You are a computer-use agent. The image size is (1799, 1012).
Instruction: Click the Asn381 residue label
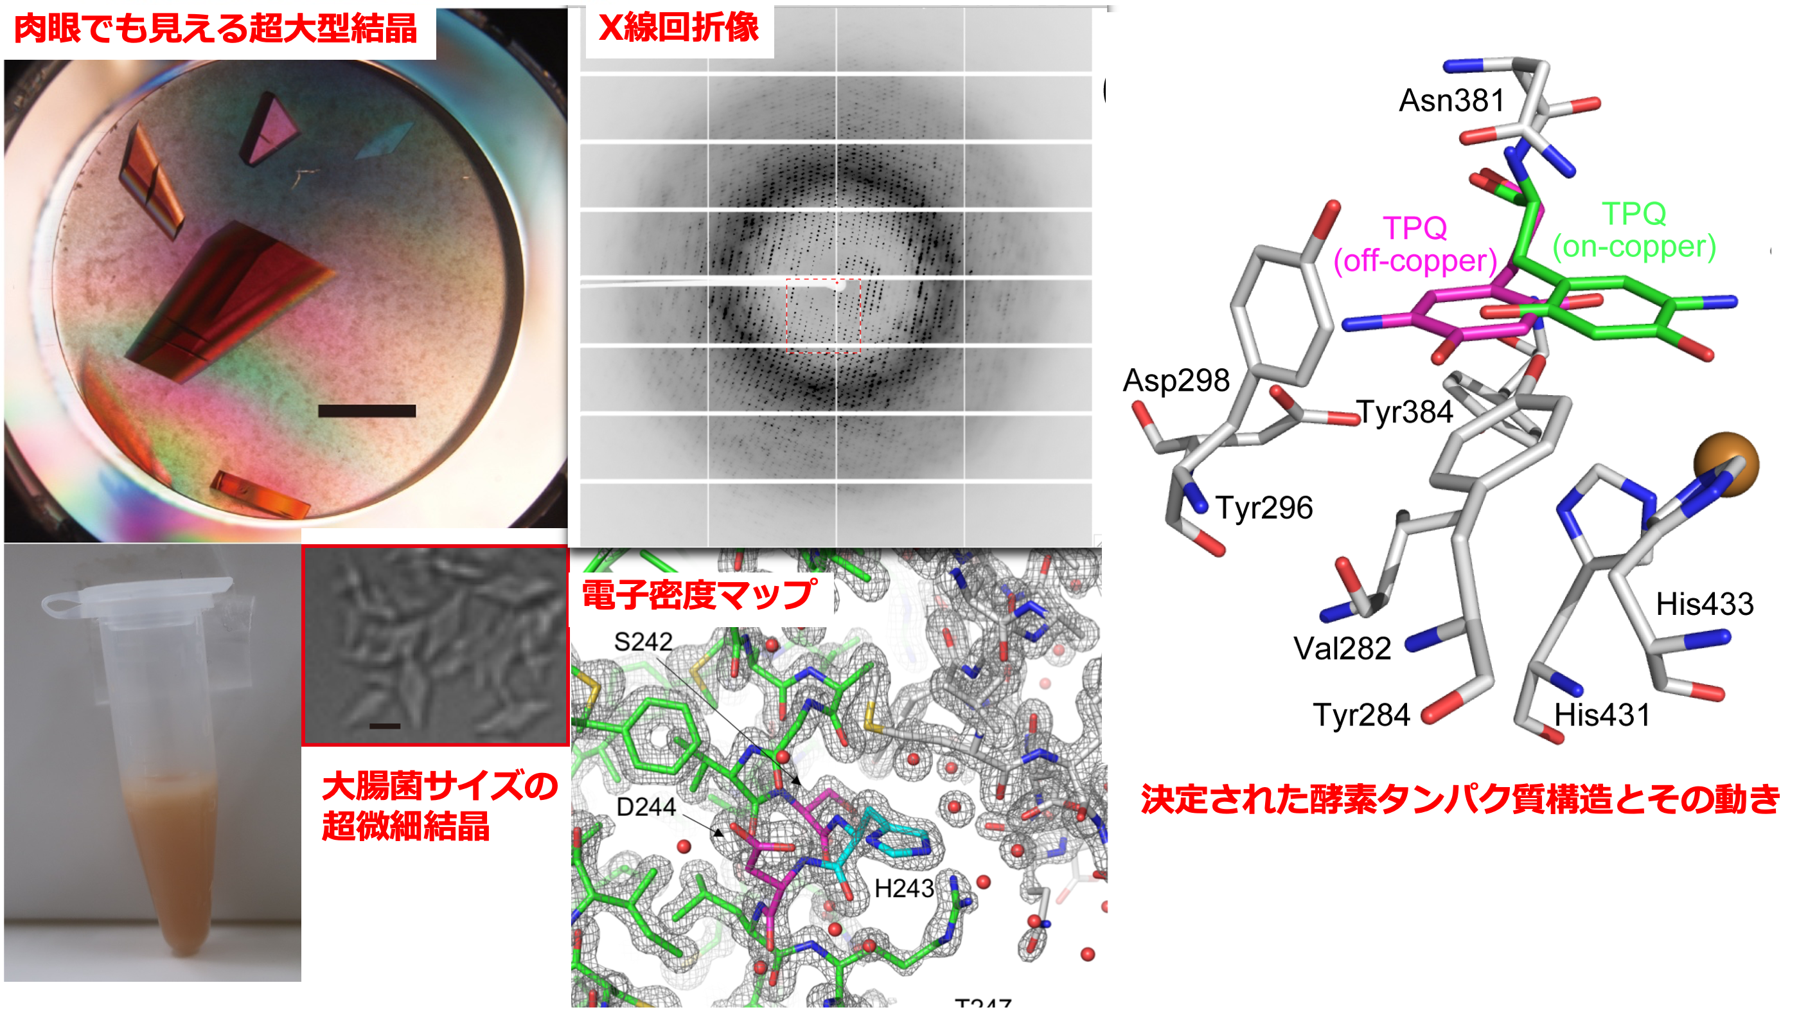click(x=1451, y=101)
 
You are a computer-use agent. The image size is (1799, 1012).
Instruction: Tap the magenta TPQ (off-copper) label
click(x=1415, y=244)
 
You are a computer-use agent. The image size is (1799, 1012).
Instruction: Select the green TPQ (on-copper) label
click(x=1634, y=231)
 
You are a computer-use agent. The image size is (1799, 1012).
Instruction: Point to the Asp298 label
click(x=1176, y=380)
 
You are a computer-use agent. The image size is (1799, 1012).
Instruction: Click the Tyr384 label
click(x=1405, y=412)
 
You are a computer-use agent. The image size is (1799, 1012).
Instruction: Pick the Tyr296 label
click(x=1264, y=508)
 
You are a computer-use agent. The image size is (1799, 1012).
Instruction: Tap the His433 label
click(x=1705, y=604)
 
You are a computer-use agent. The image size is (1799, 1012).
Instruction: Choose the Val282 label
click(x=1342, y=649)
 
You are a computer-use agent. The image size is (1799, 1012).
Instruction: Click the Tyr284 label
click(x=1362, y=715)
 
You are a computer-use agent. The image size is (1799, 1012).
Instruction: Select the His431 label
click(x=1602, y=715)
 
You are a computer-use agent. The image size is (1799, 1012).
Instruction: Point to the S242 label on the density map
click(x=642, y=642)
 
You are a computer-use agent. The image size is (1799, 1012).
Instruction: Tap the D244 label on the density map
click(x=645, y=808)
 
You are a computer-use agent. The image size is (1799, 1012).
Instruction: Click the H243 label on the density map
click(x=904, y=889)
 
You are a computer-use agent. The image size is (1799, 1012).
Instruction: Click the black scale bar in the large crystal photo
click(x=367, y=411)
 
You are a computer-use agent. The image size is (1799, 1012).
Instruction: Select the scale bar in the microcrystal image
click(x=385, y=726)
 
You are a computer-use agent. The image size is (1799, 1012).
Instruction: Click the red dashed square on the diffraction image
click(x=824, y=315)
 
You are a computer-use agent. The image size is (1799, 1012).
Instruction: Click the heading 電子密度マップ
click(x=698, y=596)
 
